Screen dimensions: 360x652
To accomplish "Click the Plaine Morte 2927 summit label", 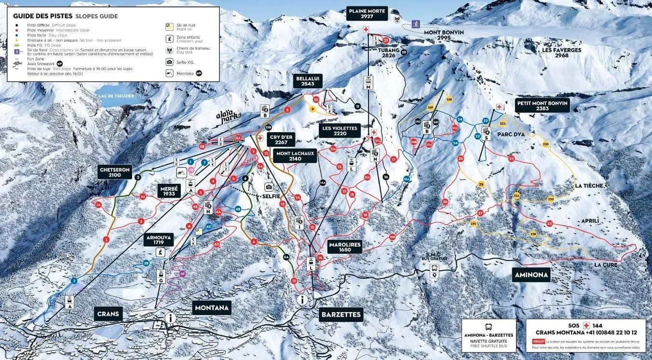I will point(367,13).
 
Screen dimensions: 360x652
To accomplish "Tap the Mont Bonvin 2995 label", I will point(444,35).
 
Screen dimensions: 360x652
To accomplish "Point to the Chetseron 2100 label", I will point(115,172).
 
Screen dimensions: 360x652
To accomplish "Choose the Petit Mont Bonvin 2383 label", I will point(543,105).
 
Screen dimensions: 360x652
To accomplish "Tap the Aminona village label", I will point(530,275).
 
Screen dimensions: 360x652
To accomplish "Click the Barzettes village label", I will point(340,315).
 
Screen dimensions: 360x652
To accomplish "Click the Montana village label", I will point(211,307).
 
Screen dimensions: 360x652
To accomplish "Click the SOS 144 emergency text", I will point(586,326).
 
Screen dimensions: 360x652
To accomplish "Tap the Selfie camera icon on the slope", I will point(269,187).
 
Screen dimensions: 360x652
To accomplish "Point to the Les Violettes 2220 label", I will point(340,131).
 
